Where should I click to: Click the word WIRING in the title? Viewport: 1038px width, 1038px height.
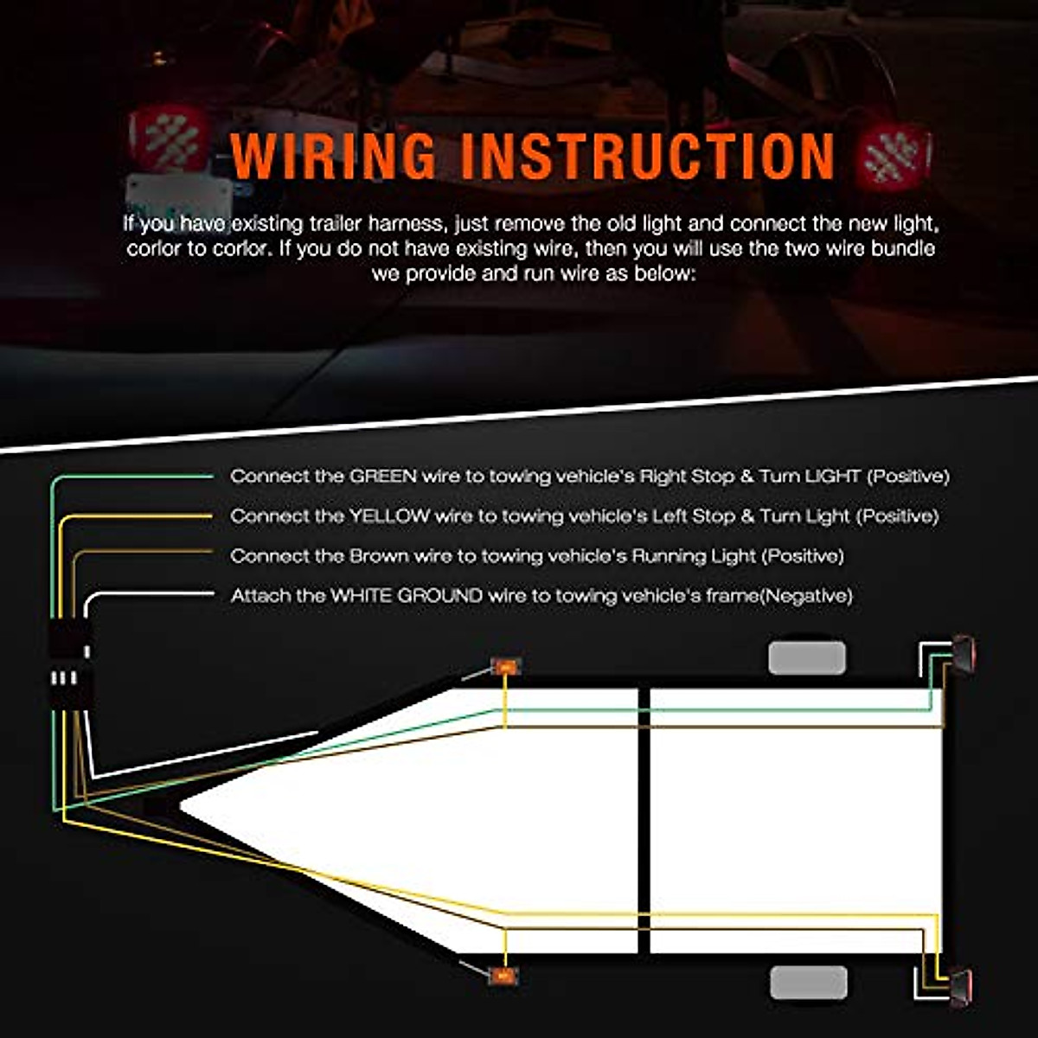334,156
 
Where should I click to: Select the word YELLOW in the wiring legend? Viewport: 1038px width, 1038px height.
389,516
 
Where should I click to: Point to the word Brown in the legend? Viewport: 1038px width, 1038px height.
378,555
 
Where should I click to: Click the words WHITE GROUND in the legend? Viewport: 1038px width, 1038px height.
407,595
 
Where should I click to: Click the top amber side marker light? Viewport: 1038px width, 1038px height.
505,666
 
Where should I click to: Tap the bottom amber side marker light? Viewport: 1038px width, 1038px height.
503,976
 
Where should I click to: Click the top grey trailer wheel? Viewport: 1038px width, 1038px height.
806,658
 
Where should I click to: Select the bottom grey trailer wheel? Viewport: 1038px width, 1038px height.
808,983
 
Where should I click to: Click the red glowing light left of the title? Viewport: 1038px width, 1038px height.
170,138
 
